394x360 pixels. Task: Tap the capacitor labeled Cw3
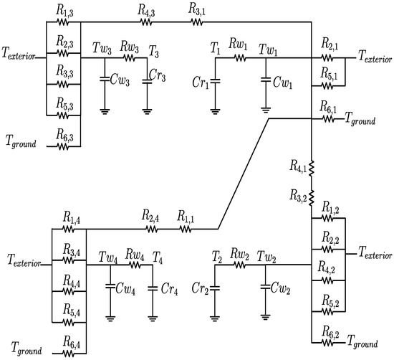pos(105,77)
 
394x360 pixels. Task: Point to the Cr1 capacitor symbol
pos(216,77)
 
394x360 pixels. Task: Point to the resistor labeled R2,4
pos(151,229)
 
